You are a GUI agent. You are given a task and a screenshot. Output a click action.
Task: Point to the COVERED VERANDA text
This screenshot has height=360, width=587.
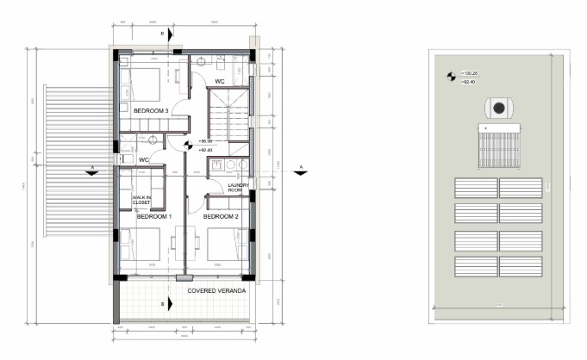pyautogui.click(x=217, y=292)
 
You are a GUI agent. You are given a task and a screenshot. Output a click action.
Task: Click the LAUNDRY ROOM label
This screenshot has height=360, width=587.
pyautogui.click(x=238, y=189)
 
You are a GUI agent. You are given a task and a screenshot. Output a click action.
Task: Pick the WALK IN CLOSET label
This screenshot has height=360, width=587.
pyautogui.click(x=142, y=200)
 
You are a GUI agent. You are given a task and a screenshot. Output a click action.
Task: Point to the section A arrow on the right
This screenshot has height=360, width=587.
pyautogui.click(x=298, y=171)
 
